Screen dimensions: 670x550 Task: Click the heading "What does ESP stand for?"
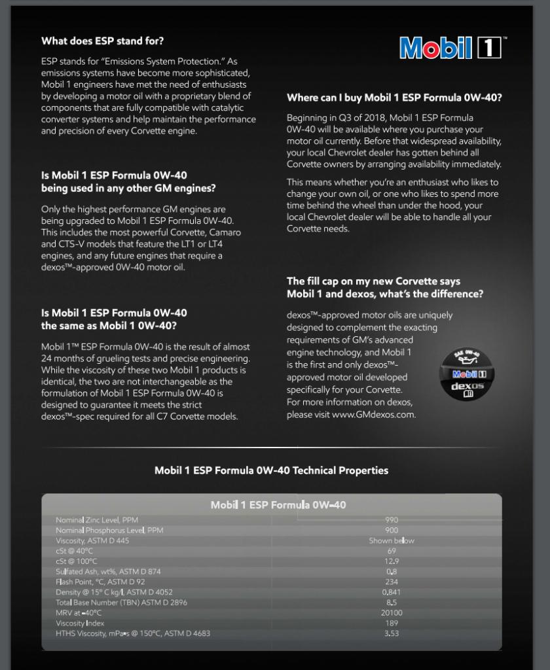tap(103, 41)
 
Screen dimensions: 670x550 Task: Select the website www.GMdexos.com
tap(373, 414)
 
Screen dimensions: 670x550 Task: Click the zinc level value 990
tap(392, 520)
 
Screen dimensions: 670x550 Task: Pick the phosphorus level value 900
tap(392, 530)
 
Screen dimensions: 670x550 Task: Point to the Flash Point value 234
tap(392, 582)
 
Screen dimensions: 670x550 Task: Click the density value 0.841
tap(392, 592)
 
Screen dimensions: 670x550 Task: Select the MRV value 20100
tap(392, 613)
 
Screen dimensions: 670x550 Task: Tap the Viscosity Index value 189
tap(392, 624)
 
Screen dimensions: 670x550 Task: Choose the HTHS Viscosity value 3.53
tap(392, 633)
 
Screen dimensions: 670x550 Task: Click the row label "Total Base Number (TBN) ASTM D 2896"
tap(121, 603)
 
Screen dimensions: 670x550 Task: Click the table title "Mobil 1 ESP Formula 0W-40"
tap(278, 504)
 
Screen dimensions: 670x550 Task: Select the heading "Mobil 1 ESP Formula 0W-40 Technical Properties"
tap(271, 470)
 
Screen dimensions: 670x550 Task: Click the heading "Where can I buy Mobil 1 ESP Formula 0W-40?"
tap(394, 98)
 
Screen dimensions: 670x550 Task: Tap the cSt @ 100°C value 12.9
tap(392, 561)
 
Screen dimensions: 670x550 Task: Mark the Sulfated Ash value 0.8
tap(392, 572)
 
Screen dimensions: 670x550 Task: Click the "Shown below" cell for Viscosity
tap(392, 540)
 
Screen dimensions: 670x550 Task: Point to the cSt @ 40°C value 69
tap(392, 551)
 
